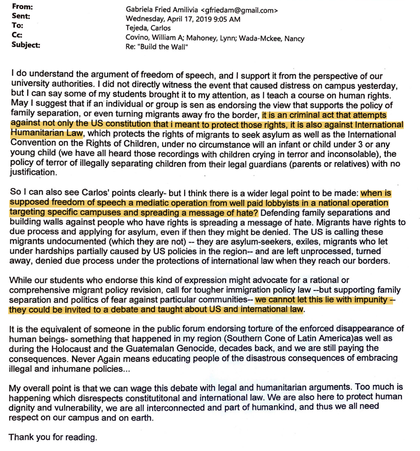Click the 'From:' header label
22,7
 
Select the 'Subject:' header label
26,45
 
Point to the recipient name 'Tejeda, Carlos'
148,28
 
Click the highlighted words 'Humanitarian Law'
47,133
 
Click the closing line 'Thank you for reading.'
53,437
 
